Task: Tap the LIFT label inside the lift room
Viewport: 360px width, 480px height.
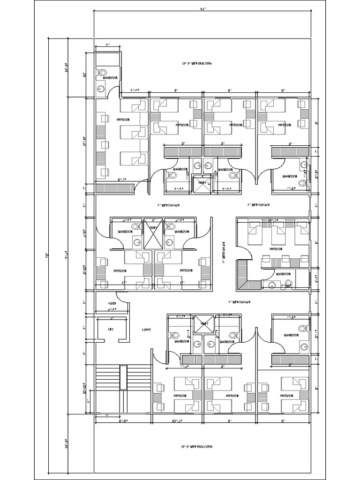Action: click(111, 330)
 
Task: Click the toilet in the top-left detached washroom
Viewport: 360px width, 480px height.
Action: click(101, 72)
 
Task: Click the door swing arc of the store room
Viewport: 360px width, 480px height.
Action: click(121, 297)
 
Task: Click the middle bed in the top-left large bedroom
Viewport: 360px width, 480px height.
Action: click(133, 134)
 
